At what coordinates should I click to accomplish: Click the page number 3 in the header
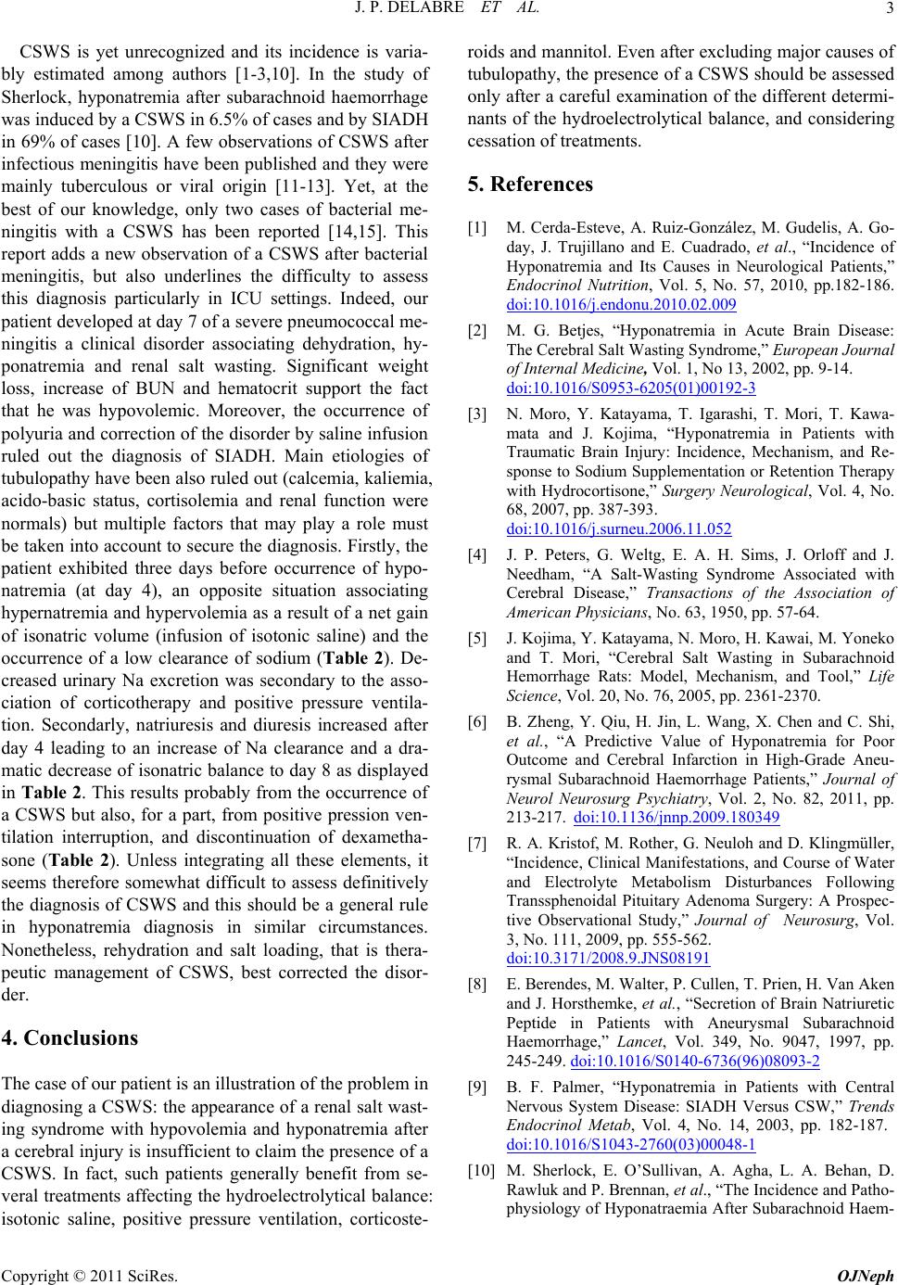(x=887, y=10)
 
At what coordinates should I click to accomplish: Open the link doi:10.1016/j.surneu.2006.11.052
(x=618, y=529)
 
